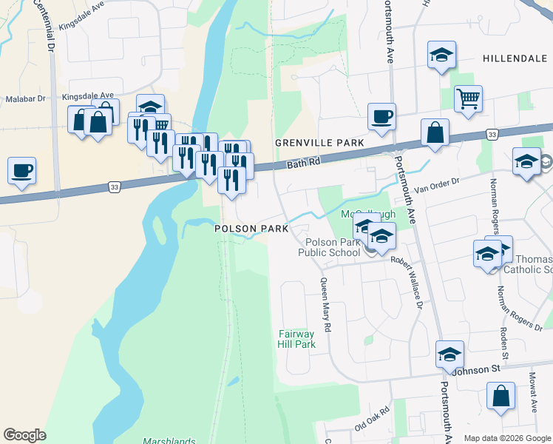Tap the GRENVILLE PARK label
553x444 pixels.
(319, 142)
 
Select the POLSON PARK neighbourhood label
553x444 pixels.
(251, 229)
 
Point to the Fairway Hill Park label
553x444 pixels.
(296, 339)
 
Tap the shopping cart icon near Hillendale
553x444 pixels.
(468, 98)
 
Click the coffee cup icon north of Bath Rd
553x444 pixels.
(381, 117)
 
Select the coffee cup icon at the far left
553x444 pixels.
(21, 171)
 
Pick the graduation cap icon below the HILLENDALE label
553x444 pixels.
(441, 55)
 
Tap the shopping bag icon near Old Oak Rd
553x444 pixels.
(501, 397)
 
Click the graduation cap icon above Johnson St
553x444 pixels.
(449, 354)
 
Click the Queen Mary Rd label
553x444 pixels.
(325, 303)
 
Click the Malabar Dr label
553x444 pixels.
(25, 98)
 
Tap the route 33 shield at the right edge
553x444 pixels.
(492, 134)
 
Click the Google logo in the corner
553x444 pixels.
(24, 435)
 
